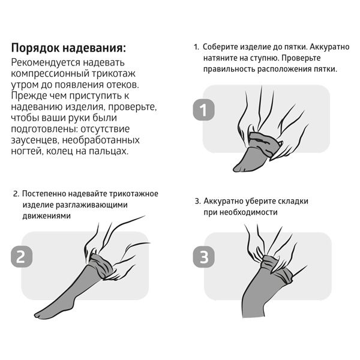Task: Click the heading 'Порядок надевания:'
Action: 69,48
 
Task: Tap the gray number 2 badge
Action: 20,257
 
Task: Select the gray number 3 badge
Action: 202,257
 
